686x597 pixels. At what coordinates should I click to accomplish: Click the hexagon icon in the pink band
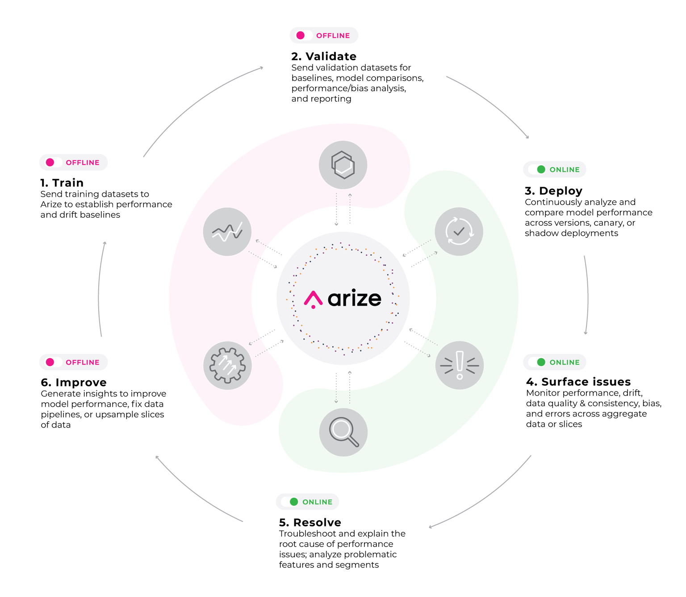coord(343,165)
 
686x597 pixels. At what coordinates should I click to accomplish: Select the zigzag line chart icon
coord(227,231)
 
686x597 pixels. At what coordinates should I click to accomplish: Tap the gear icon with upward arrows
coord(227,365)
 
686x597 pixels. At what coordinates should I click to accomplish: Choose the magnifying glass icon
coord(343,432)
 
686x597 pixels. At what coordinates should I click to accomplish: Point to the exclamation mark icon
coord(459,365)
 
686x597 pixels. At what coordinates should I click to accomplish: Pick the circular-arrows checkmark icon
coord(459,231)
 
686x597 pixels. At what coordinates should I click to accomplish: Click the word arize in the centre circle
coord(355,298)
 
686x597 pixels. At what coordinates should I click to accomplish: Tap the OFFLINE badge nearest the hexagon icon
coord(324,35)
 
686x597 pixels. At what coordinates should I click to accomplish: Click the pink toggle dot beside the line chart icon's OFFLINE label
coord(50,162)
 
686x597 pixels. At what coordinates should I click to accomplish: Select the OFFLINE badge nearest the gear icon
coord(74,362)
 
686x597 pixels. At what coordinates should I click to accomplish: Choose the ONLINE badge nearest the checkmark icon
coord(555,169)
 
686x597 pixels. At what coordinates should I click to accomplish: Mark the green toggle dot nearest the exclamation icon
coord(541,362)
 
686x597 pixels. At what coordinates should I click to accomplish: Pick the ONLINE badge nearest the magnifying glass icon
coord(307,502)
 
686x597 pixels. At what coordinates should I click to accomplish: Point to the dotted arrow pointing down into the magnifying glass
coord(336,389)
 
